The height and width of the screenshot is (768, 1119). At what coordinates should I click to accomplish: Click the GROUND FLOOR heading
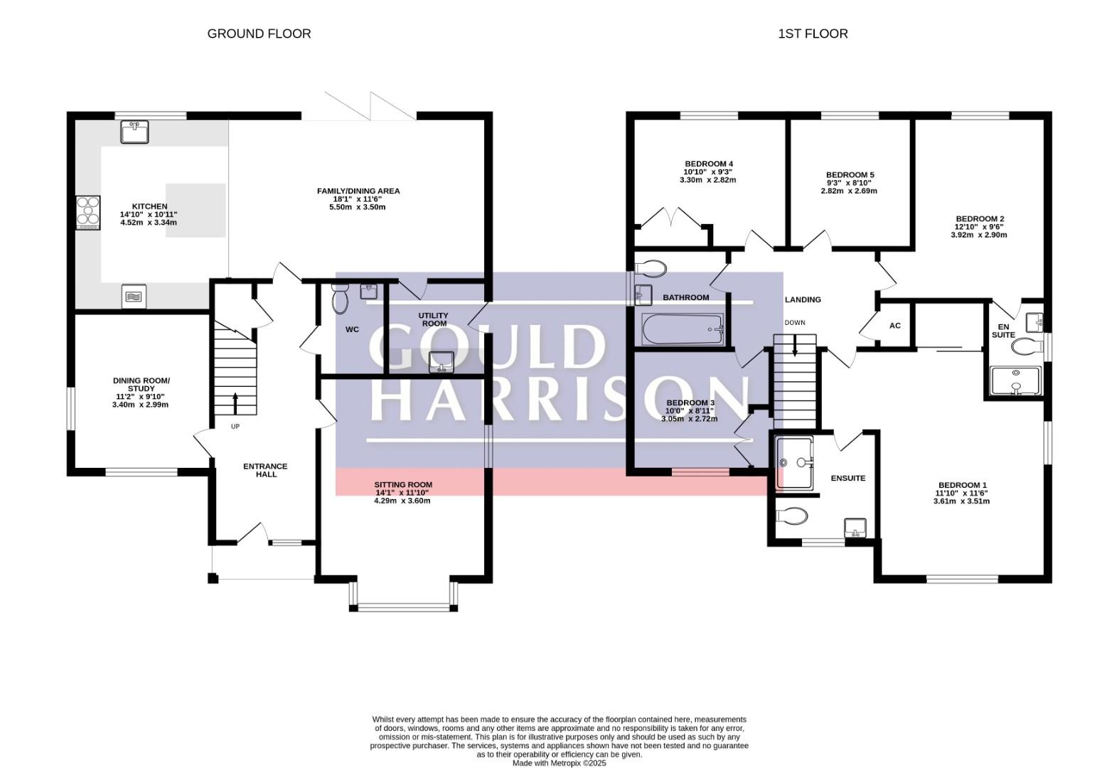[x=259, y=33]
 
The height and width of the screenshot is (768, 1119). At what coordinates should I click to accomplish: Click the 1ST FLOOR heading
[x=813, y=33]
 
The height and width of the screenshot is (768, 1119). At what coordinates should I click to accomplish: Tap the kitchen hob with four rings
[x=88, y=213]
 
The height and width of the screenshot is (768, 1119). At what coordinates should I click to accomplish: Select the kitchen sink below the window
[x=134, y=132]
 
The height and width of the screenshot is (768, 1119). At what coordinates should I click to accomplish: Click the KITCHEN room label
[x=149, y=206]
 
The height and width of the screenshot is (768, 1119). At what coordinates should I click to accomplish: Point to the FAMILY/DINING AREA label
[x=358, y=191]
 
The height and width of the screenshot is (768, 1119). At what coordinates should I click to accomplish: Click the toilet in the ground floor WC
[x=341, y=298]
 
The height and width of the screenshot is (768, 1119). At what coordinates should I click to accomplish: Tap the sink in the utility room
[x=441, y=362]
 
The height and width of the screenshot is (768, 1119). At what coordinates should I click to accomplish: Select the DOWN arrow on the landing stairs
[x=795, y=346]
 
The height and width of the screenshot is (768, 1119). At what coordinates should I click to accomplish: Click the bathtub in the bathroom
[x=682, y=329]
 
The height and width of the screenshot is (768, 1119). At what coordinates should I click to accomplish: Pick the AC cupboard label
[x=894, y=326]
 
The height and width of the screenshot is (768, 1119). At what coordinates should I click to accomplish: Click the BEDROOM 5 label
[x=850, y=175]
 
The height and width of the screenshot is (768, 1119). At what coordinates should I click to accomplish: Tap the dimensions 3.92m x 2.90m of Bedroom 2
[x=979, y=235]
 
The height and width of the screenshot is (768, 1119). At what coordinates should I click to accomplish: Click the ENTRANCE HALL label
[x=265, y=470]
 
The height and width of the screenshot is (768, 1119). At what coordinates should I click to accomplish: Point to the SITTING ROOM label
[x=403, y=485]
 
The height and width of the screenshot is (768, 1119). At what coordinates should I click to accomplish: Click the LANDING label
[x=803, y=300]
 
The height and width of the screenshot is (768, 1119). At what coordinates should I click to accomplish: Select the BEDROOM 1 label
[x=962, y=485]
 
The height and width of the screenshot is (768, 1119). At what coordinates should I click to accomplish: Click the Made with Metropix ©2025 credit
[x=559, y=763]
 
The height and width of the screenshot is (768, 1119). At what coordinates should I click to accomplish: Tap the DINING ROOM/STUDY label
[x=141, y=385]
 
